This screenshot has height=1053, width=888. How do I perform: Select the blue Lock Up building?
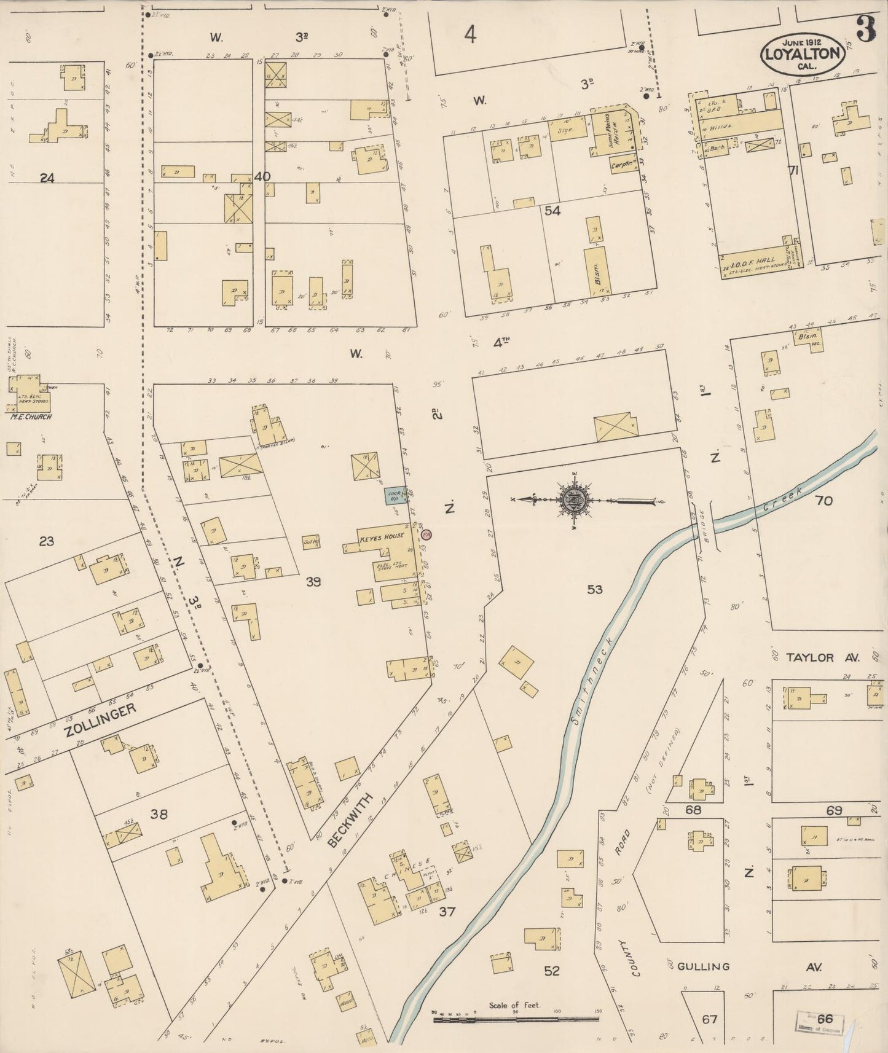pyautogui.click(x=393, y=496)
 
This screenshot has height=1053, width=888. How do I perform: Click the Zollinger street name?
pyautogui.click(x=98, y=721)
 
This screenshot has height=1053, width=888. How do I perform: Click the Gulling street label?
pyautogui.click(x=703, y=967)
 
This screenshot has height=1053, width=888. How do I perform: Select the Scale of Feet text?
pyautogui.click(x=514, y=1006)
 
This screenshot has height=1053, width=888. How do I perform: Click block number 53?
pyautogui.click(x=594, y=590)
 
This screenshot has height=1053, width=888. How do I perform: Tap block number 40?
pyautogui.click(x=262, y=177)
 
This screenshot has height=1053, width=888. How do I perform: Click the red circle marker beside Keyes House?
pyautogui.click(x=426, y=534)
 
